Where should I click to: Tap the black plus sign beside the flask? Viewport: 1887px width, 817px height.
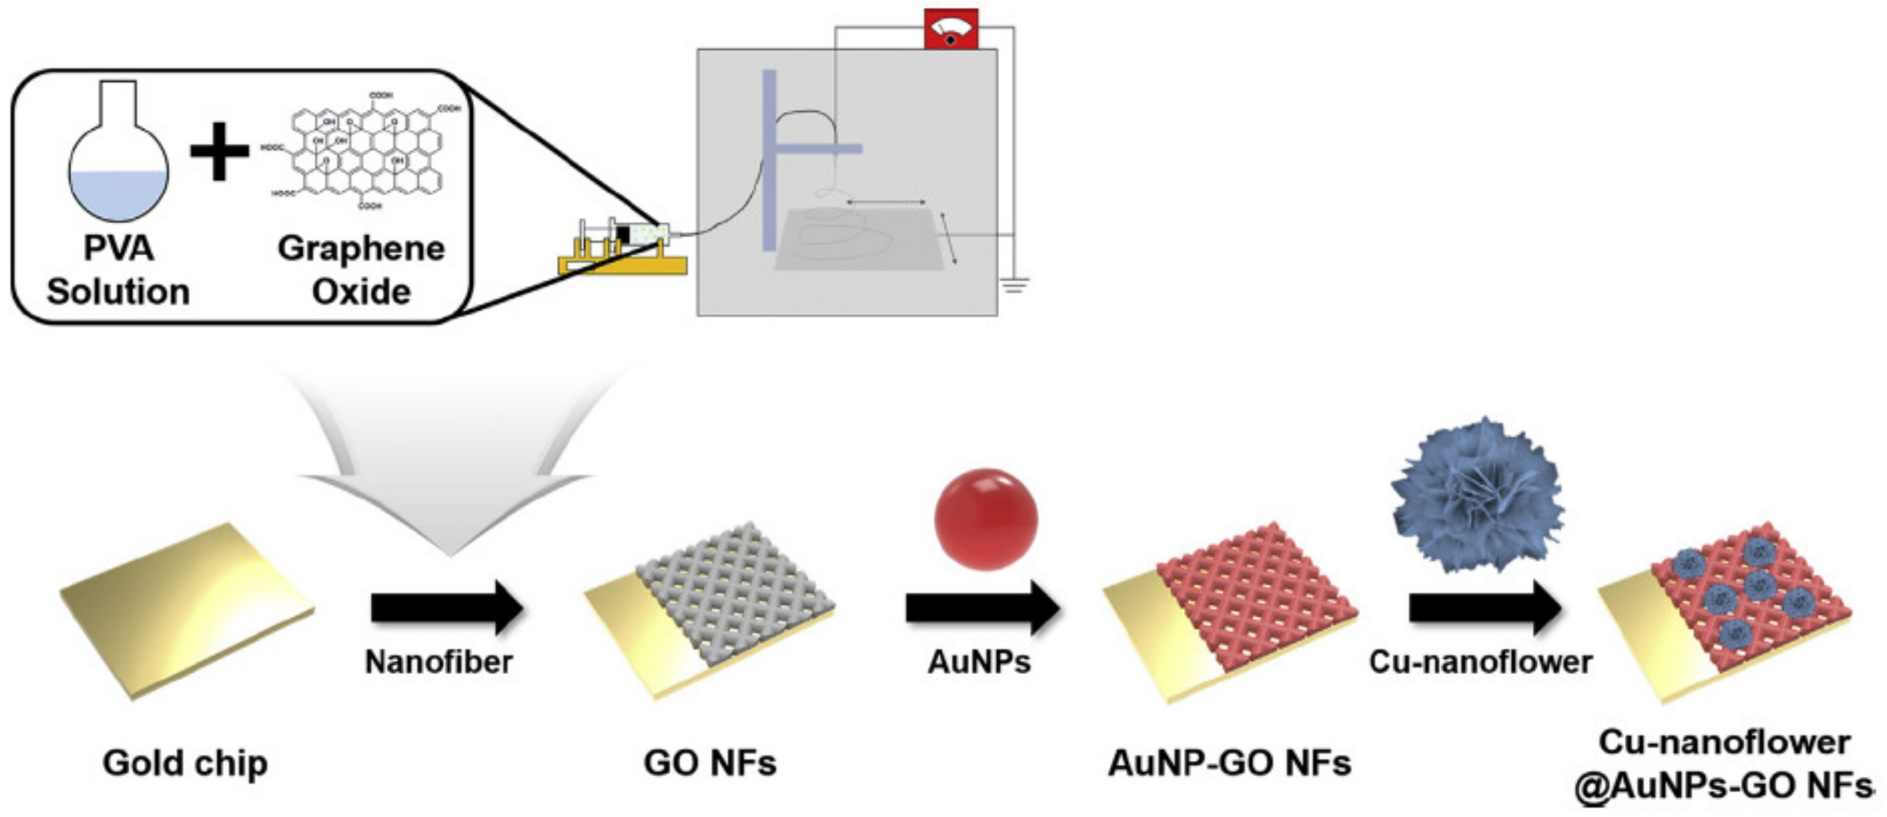pos(219,151)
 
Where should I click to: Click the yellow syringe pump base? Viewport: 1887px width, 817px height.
pos(622,264)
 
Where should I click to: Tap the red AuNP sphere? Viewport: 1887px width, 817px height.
pos(986,520)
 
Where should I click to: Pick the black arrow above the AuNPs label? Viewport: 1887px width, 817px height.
pos(982,608)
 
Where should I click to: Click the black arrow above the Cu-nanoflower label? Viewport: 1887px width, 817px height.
pos(1484,608)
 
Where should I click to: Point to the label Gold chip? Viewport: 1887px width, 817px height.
pos(186,763)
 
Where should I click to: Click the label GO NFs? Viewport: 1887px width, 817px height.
pos(709,763)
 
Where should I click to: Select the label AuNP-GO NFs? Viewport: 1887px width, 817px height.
pos(1229,763)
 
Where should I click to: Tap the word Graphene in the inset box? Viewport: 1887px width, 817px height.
pos(361,248)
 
